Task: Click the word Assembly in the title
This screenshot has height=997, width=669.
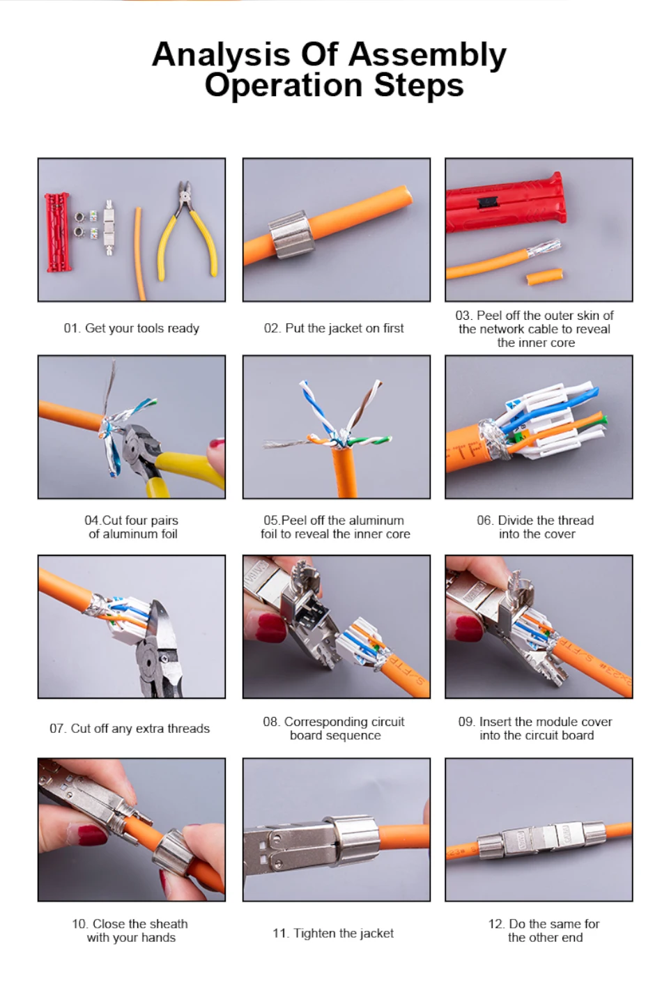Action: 427,56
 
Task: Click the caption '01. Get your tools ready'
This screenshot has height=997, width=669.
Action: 131,328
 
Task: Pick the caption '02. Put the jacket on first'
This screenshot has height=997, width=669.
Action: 334,328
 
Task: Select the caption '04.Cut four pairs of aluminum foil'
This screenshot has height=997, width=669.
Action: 132,527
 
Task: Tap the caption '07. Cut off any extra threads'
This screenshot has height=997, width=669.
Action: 130,729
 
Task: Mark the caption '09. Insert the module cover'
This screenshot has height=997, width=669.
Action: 535,722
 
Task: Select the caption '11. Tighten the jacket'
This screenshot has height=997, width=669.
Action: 333,933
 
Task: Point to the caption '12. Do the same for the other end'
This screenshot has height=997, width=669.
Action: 544,931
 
